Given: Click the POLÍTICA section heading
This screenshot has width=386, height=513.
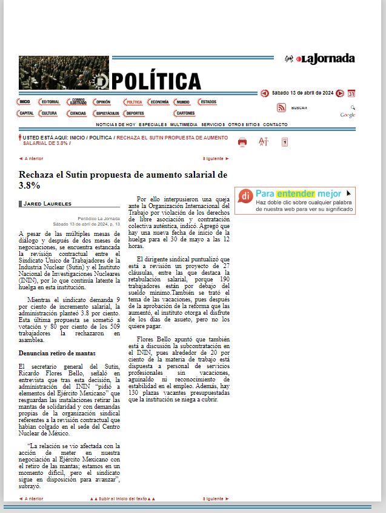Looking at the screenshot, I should (156, 81).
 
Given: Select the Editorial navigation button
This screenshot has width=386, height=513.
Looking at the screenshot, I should (49, 102).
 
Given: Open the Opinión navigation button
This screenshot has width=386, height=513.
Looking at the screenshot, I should (103, 102).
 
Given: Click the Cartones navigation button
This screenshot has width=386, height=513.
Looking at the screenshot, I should (185, 113).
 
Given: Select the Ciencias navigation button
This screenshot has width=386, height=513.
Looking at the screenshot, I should (78, 113).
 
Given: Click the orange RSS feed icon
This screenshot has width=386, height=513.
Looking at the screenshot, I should (281, 108).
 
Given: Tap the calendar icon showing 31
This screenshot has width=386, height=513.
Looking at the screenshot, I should (351, 93).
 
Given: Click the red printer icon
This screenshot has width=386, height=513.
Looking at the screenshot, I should (242, 142).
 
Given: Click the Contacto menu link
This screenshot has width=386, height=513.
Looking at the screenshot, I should (276, 124).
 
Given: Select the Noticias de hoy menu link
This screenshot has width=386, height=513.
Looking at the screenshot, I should (116, 124).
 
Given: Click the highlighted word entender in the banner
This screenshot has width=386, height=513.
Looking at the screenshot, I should (293, 193).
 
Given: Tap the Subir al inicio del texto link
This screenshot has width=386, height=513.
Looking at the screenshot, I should (123, 498).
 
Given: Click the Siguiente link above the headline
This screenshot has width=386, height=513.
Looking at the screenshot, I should (216, 158).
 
